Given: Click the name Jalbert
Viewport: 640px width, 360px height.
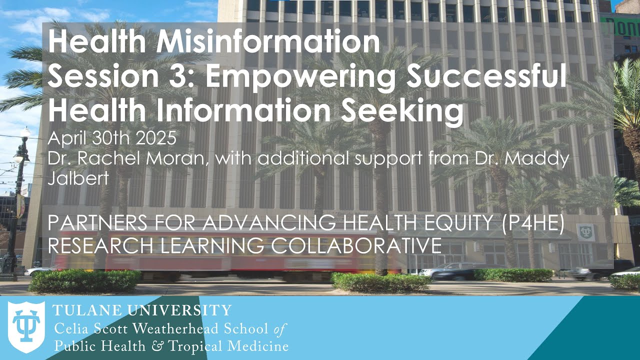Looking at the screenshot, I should pyautogui.click(x=78, y=178).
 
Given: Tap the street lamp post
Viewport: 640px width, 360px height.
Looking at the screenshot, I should pyautogui.click(x=20, y=200).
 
